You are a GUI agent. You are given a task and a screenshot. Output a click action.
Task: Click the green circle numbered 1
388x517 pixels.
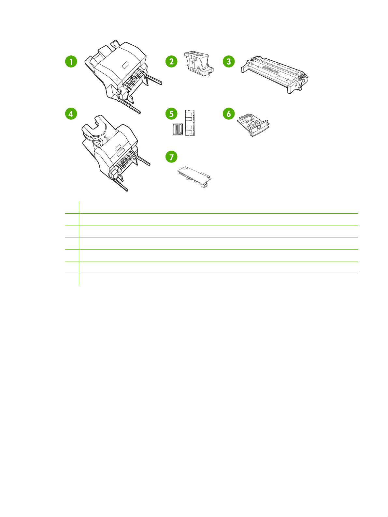point(71,62)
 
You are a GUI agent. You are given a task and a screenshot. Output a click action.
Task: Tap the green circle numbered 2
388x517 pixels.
point(171,62)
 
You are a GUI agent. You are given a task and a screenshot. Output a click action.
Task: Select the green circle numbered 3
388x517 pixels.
point(229,62)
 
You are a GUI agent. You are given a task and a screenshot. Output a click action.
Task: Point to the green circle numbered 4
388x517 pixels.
point(71,114)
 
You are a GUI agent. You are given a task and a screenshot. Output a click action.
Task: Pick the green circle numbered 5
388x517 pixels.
point(171,114)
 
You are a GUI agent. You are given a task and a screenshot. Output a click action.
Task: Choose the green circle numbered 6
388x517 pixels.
point(229,114)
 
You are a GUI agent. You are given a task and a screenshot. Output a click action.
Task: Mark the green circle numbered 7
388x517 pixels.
point(171,157)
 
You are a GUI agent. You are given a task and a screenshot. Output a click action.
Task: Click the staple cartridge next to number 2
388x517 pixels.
point(199,64)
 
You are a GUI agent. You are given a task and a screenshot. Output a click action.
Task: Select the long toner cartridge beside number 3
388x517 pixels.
point(275,74)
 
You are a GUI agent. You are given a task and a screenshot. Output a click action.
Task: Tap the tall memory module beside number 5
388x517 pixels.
point(190,123)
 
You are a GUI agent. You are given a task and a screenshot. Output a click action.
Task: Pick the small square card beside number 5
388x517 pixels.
point(178,129)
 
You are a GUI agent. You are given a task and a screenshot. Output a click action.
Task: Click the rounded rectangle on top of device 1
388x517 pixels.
point(125,65)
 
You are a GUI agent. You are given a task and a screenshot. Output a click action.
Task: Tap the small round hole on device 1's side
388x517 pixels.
point(117,80)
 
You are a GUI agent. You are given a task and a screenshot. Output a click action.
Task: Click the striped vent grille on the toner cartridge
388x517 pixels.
point(270,70)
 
